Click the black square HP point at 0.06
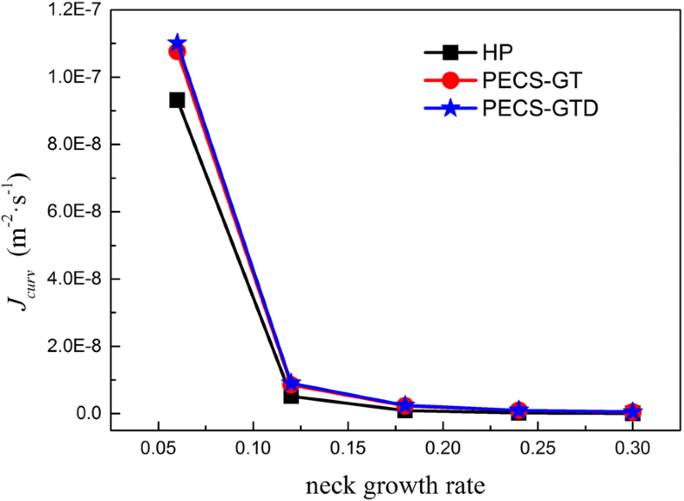coord(177,100)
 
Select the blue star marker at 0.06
coord(177,44)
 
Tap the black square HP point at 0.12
coord(291,396)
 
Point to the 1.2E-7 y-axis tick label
coord(73,10)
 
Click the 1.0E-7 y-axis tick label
coord(73,77)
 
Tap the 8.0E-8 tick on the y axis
coord(73,144)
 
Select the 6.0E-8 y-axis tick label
coord(73,212)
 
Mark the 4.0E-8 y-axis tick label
coord(73,279)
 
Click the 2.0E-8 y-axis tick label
coord(73,346)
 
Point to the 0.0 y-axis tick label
coord(86,413)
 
